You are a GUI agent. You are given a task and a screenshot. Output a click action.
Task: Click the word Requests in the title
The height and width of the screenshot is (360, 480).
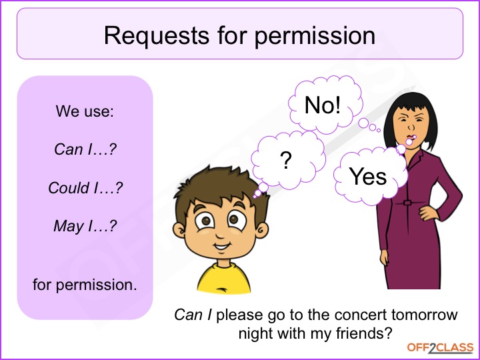(x=157, y=36)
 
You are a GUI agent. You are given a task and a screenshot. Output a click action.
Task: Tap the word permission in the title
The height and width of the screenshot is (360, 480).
(x=315, y=37)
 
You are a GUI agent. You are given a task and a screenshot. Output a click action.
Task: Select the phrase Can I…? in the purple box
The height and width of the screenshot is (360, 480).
(x=85, y=149)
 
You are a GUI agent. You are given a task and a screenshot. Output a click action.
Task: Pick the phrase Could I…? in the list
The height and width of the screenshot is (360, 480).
(x=85, y=187)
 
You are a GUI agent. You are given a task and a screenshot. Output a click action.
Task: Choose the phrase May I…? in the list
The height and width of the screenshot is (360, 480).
(x=85, y=227)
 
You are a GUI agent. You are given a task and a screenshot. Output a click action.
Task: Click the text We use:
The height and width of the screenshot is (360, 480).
(x=85, y=111)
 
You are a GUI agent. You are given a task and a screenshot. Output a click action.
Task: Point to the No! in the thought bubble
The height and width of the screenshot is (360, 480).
(x=323, y=105)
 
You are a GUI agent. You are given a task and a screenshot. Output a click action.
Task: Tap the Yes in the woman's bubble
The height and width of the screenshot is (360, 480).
(x=367, y=177)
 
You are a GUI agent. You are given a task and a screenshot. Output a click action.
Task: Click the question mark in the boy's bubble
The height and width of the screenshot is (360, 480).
(x=285, y=161)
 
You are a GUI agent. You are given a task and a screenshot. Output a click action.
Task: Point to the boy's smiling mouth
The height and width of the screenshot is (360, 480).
(x=221, y=246)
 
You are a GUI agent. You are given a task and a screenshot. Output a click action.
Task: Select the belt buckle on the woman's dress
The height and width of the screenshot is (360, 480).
(x=407, y=203)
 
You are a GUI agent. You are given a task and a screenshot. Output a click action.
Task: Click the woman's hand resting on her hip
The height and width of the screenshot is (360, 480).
(x=429, y=212)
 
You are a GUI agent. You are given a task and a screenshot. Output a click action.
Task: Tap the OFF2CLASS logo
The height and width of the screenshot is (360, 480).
(x=440, y=348)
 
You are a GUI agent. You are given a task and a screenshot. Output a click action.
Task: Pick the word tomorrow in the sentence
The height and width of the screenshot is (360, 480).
(x=424, y=315)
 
